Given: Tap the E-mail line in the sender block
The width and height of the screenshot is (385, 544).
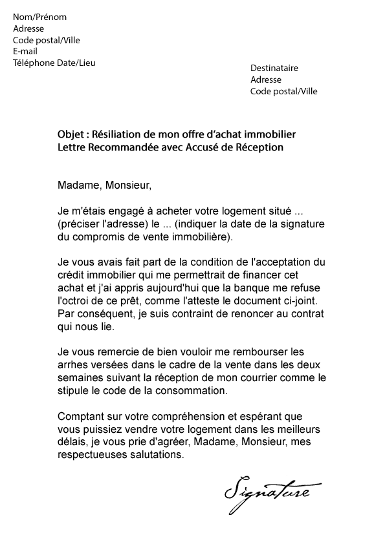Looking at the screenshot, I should [25, 51].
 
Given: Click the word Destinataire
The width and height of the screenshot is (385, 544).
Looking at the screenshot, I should [274, 68].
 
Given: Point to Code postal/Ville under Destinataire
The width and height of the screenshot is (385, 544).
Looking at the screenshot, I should [284, 91].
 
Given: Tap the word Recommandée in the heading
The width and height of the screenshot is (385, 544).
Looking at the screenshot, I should [115, 147].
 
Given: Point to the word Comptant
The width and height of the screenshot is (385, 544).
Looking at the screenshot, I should [82, 417].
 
